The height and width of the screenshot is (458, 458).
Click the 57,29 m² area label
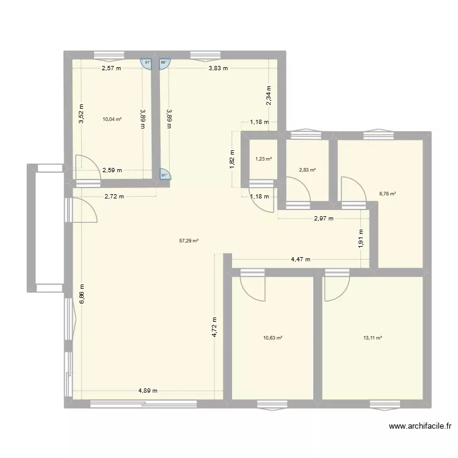pos(189,241)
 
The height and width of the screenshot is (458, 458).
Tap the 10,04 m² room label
pos(112,120)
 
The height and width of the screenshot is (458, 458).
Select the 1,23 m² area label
pos(263,159)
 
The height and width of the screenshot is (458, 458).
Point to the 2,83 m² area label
pos(307,170)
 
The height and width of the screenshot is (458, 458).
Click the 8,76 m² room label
pos(387,194)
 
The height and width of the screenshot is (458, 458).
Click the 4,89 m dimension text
pos(147,391)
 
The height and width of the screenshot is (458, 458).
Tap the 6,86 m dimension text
pos(82,295)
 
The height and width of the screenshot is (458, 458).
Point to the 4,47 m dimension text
pos(300,260)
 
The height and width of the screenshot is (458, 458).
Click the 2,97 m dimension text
pos(324,219)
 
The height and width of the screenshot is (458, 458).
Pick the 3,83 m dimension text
pos(218,68)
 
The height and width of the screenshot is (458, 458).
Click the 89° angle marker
pos(164,62)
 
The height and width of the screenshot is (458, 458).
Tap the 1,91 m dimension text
pos(361,237)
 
